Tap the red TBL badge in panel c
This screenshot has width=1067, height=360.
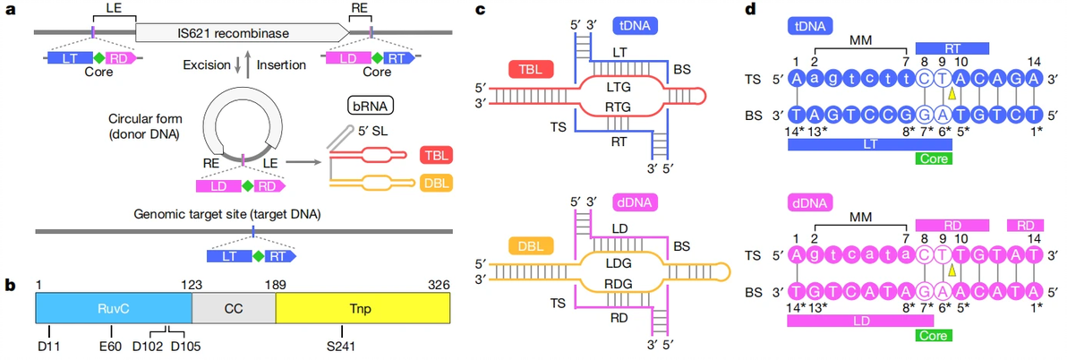tap(527, 69)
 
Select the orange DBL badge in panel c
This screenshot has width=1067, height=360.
tap(527, 244)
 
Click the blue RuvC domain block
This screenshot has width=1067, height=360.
tap(114, 307)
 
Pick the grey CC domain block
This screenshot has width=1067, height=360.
tap(234, 307)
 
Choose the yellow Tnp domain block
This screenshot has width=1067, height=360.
tap(362, 307)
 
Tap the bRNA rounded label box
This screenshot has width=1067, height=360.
tap(371, 107)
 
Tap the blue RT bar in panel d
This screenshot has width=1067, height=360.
tap(952, 45)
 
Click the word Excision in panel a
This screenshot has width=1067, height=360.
tap(205, 64)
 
